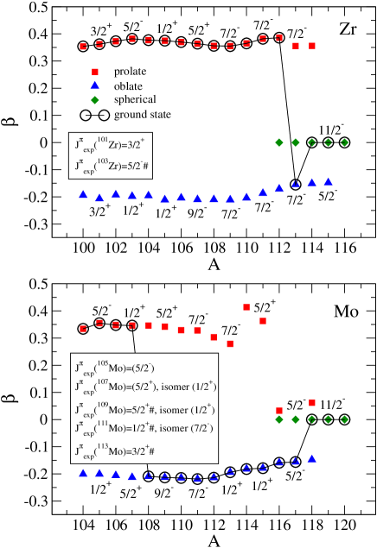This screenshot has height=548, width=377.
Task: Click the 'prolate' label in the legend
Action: point(130,71)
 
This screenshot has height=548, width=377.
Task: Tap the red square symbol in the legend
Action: point(94,71)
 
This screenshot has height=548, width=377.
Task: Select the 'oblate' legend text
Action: point(128,85)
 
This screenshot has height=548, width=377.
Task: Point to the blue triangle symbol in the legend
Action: point(94,85)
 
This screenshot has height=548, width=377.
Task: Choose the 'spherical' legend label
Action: point(133,99)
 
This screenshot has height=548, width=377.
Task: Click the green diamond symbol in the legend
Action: point(94,99)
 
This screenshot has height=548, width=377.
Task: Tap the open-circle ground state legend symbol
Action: point(94,115)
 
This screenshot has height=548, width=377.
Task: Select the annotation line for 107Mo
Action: point(144,387)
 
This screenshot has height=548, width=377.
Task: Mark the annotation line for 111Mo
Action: point(143,427)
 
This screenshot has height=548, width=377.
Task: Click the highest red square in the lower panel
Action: point(246,307)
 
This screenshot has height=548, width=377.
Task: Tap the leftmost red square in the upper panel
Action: point(83,47)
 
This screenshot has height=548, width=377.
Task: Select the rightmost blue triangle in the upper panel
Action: point(328,181)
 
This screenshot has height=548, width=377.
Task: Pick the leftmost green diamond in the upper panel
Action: point(278,142)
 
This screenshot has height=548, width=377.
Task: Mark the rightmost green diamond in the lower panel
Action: point(344,419)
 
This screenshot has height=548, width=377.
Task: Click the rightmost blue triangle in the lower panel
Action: point(311,457)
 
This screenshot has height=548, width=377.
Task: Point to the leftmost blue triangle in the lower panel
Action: point(83,473)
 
